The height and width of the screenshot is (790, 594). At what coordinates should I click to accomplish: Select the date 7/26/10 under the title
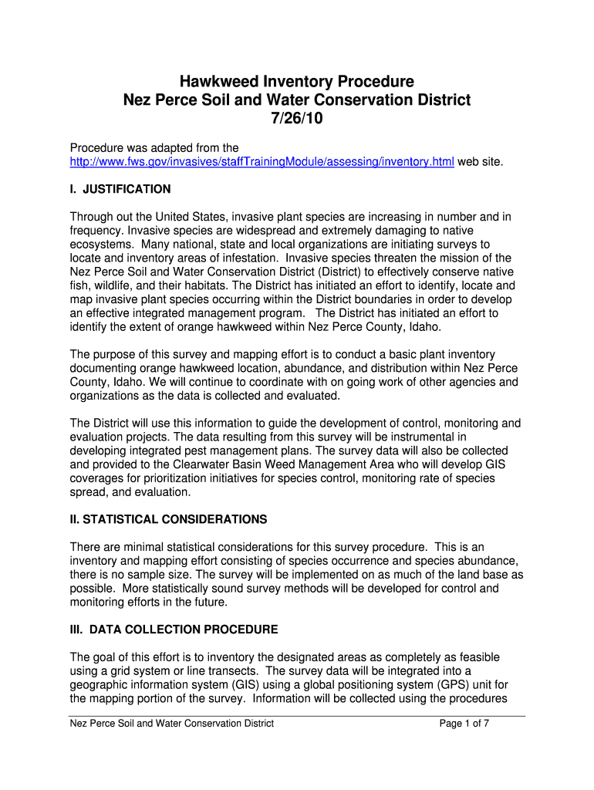click(x=297, y=120)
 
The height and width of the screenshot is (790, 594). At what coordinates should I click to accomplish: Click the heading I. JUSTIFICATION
click(x=120, y=189)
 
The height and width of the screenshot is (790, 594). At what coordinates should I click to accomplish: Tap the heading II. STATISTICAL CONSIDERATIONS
click(x=168, y=519)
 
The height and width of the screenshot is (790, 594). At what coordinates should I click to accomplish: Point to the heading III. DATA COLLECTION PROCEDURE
click(x=174, y=630)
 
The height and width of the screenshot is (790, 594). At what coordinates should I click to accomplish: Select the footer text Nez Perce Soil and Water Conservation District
click(x=171, y=724)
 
